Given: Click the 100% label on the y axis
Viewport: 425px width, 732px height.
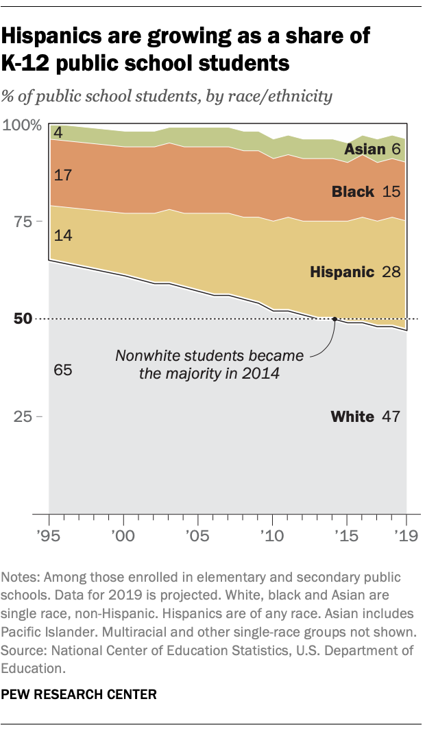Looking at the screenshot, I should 23,126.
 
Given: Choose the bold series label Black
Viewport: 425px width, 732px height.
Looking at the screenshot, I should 353,191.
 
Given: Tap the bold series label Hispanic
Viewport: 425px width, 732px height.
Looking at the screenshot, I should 342,272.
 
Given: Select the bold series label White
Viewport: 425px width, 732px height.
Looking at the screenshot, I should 352,416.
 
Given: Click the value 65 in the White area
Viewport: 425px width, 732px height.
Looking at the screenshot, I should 62,370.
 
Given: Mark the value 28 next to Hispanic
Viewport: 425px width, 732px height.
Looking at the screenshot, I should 391,272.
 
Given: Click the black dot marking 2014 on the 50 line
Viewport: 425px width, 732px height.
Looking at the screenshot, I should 335,319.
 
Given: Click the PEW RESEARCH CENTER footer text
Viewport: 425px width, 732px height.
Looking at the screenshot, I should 80,694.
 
